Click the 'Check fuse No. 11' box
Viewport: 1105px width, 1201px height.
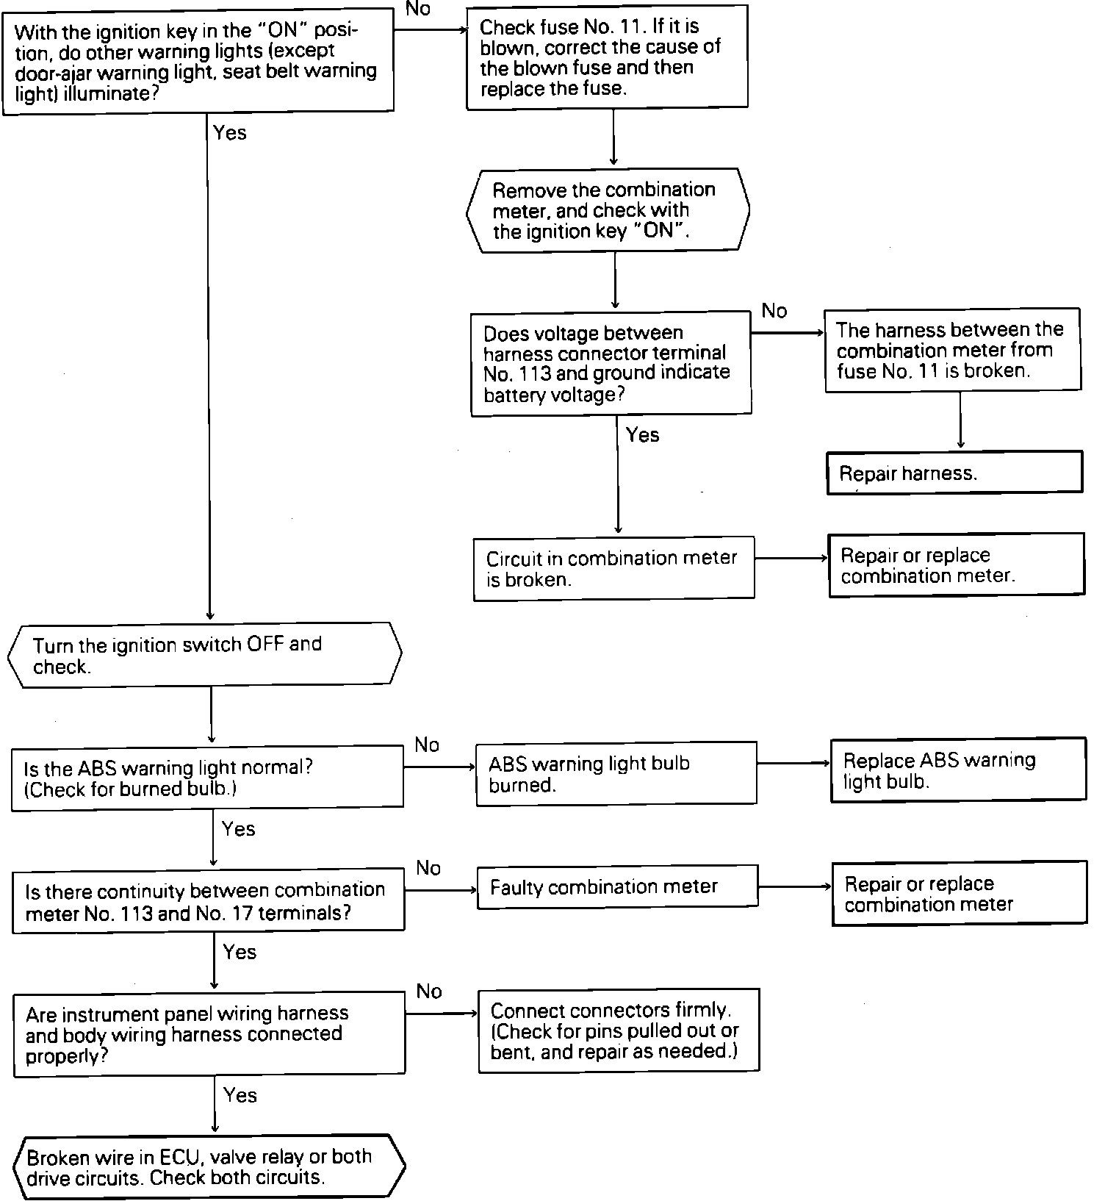pos(607,57)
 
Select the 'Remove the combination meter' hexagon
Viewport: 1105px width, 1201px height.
pos(608,210)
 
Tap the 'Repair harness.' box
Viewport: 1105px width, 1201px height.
pos(954,473)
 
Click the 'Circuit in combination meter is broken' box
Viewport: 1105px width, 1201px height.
pos(613,568)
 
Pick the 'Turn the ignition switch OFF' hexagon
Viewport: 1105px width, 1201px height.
pos(205,655)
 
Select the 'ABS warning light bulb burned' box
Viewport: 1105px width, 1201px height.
pos(616,773)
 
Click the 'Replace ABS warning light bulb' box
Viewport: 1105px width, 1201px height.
pos(958,770)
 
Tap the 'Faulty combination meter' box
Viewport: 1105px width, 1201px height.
pos(617,886)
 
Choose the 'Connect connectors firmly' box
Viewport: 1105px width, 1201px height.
pos(618,1030)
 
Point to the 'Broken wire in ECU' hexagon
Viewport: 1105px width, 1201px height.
pos(209,1166)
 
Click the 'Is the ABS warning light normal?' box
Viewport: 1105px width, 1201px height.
pos(207,778)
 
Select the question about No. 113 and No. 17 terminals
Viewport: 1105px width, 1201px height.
pos(208,901)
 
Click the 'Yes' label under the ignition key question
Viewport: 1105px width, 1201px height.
pos(230,133)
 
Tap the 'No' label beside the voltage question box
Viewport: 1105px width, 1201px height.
pos(774,311)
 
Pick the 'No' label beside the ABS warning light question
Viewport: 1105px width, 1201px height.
pos(427,745)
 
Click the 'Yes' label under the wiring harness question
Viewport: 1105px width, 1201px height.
pos(240,1095)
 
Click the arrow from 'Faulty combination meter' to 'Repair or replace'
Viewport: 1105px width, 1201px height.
pos(794,886)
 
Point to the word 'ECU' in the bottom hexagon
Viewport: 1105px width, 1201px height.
pos(181,1157)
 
